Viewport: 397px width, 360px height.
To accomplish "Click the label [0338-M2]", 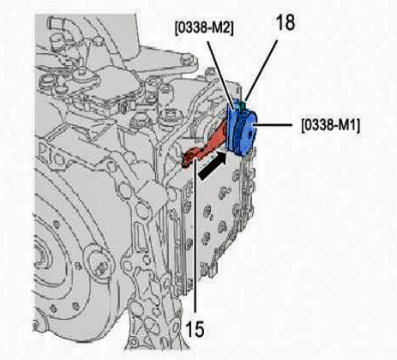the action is [204, 28].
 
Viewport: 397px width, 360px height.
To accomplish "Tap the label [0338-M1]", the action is [331, 125].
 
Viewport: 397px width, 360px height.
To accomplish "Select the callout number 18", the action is [285, 22].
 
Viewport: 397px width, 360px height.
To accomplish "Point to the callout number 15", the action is [195, 328].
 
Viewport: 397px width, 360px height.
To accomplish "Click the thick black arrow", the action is [213, 165].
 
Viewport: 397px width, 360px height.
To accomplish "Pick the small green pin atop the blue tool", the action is [244, 105].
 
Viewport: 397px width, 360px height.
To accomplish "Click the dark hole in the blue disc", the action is [251, 135].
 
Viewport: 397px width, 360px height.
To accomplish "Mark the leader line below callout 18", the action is [262, 70].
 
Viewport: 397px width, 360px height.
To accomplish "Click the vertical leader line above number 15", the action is [195, 234].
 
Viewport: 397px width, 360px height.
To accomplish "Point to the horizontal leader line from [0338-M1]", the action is [273, 125].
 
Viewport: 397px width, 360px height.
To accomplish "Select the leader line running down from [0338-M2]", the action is [222, 75].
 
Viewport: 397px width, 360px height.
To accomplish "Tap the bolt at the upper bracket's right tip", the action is [186, 59].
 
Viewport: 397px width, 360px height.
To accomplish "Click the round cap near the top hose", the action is [98, 41].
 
